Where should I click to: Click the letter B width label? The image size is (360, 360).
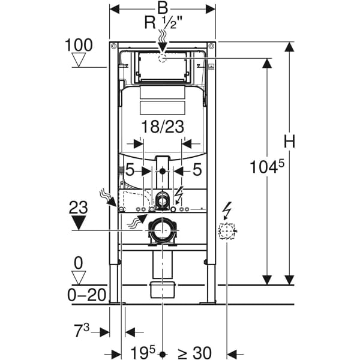point(162,8)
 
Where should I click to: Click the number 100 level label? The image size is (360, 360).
point(80,44)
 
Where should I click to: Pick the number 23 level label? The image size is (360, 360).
point(79,208)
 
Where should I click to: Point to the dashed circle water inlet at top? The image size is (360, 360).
point(162,58)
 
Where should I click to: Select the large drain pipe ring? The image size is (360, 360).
point(161,231)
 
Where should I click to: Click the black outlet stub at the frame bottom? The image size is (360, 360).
point(161,289)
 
